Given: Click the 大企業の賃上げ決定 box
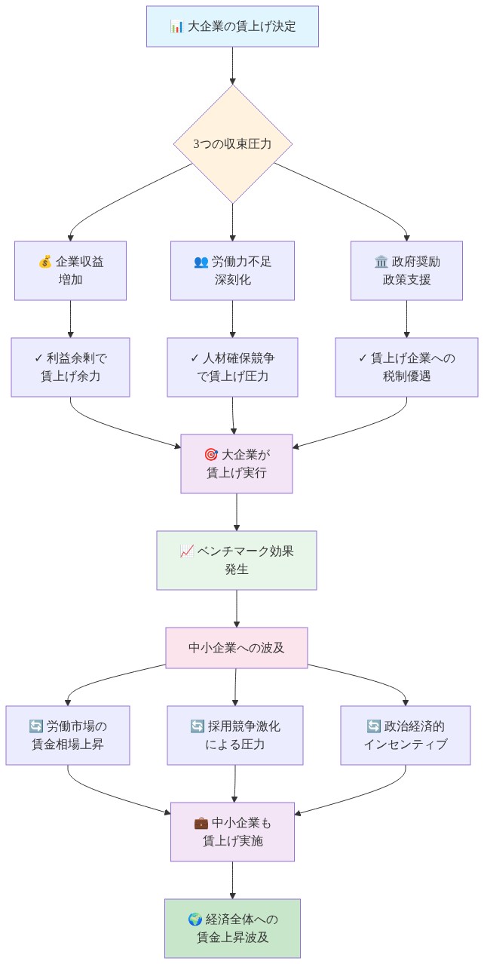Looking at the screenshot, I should point(232,26).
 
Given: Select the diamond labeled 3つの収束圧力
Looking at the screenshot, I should point(232,143).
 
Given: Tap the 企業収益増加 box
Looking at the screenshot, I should point(70,271).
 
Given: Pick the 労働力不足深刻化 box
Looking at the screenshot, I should point(232,271).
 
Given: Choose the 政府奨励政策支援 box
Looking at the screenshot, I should point(406,271).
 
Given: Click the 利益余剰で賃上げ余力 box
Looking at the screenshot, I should point(70,367).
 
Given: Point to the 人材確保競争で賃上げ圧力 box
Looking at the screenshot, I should point(232,367).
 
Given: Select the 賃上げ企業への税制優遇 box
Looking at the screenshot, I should point(406,367).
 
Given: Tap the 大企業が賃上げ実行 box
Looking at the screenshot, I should point(236,464).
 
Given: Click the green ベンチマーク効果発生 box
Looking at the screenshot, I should point(236,560).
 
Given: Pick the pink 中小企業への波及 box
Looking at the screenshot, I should point(236,648).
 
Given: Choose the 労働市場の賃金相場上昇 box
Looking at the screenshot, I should point(68,735).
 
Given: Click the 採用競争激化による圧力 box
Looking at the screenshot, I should point(235,735).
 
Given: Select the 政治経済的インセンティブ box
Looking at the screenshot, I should point(406,735).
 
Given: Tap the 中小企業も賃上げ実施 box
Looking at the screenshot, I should point(232,831).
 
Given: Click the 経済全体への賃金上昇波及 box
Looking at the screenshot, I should point(232,928).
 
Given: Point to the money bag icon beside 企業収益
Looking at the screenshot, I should point(44,262).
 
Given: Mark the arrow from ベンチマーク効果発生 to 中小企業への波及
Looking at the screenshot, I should point(236,608).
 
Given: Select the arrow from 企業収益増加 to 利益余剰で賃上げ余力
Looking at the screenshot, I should point(70,318).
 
